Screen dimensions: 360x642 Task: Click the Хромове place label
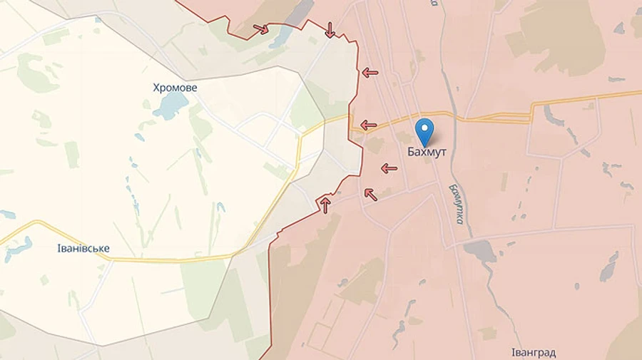pos(175,88)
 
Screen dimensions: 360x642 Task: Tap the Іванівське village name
pos(83,248)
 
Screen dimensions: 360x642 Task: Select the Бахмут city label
pos(427,152)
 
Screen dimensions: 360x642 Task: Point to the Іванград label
pos(534,352)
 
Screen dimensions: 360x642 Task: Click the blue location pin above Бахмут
pos(425,131)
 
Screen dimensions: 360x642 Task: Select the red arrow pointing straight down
pos(330,30)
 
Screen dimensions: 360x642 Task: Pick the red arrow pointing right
pos(261,29)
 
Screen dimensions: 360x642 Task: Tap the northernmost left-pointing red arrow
pos(370,72)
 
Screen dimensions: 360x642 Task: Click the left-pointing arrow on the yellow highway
pos(368,125)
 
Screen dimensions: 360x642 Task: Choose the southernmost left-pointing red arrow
pos(389,168)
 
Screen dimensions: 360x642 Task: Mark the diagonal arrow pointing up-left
pos(370,193)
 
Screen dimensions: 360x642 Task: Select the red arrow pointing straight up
pos(325,205)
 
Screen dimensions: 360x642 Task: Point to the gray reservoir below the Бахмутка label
pos(479,252)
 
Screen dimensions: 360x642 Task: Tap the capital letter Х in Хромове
pos(157,88)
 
